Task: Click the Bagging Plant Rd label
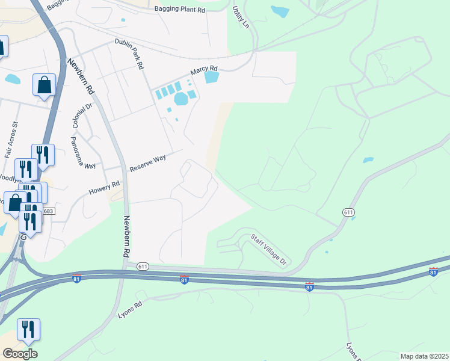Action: pyautogui.click(x=180, y=9)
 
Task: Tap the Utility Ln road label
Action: pyautogui.click(x=241, y=17)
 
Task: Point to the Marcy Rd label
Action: pyautogui.click(x=203, y=70)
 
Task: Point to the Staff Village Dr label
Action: pyautogui.click(x=270, y=250)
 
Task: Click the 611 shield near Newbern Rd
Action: pyautogui.click(x=143, y=266)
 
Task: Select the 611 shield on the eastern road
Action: pyautogui.click(x=348, y=212)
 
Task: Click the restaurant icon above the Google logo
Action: pyautogui.click(x=28, y=330)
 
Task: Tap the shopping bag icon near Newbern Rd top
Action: pyautogui.click(x=45, y=85)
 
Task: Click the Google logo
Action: pyautogui.click(x=20, y=354)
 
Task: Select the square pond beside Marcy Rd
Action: pyautogui.click(x=211, y=76)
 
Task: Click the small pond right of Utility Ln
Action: pyautogui.click(x=280, y=11)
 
